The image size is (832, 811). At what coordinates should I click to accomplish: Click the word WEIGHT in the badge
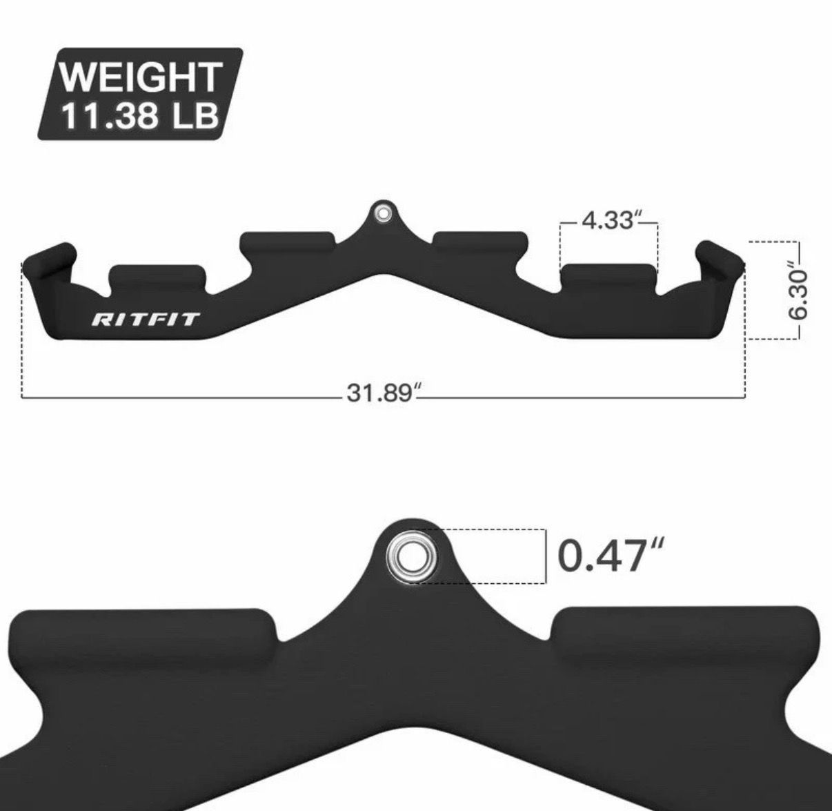pyautogui.click(x=141, y=77)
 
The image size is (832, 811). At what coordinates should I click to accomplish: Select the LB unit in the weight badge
pyautogui.click(x=195, y=116)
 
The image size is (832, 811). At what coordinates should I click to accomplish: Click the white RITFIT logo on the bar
pyautogui.click(x=146, y=320)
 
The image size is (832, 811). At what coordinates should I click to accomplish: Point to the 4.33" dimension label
pyautogui.click(x=608, y=220)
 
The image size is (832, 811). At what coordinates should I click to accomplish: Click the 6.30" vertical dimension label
pyautogui.click(x=797, y=291)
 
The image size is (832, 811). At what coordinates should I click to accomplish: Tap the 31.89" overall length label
pyautogui.click(x=379, y=392)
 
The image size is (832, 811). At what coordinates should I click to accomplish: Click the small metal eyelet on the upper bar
pyautogui.click(x=382, y=213)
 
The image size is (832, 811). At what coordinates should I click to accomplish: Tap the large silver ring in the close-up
pyautogui.click(x=411, y=556)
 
